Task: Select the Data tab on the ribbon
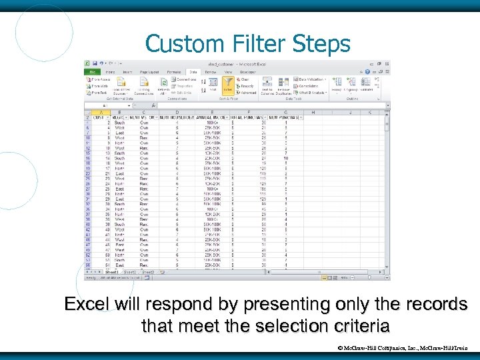pyautogui.click(x=193, y=71)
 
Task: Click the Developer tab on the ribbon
pyautogui.click(x=248, y=71)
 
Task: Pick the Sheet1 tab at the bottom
pyautogui.click(x=111, y=272)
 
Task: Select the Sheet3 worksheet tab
pyautogui.click(x=147, y=272)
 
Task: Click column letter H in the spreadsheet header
pyautogui.click(x=312, y=113)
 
